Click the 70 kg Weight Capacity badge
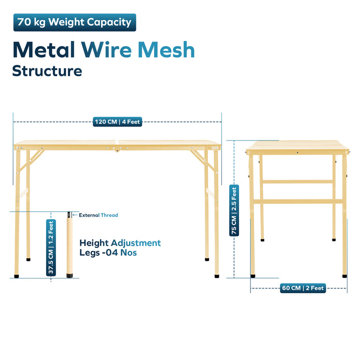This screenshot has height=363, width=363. (x=75, y=22)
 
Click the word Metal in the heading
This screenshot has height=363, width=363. (x=44, y=50)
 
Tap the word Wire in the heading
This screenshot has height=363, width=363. (x=106, y=50)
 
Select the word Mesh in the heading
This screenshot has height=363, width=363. (x=166, y=50)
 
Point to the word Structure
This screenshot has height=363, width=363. (x=47, y=71)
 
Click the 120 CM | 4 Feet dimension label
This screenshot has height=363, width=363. (x=117, y=122)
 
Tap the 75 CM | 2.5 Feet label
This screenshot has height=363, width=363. (x=234, y=211)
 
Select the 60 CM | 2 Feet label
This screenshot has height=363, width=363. (x=303, y=288)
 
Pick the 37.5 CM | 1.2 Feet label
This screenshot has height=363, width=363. (x=51, y=247)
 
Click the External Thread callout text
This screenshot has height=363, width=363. (x=99, y=215)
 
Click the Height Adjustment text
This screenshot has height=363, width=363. (x=120, y=243)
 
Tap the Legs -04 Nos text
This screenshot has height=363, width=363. (x=108, y=253)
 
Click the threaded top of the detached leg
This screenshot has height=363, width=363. (x=69, y=215)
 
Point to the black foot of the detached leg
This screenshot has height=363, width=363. (x=69, y=276)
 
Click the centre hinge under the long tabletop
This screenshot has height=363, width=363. (x=117, y=149)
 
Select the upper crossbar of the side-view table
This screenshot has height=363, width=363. (x=298, y=181)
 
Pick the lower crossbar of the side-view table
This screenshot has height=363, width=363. (x=298, y=201)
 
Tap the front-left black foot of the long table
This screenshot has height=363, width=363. (x=17, y=276)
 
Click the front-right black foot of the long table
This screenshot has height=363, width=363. (x=217, y=276)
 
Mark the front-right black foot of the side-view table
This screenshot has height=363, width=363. (x=345, y=276)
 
